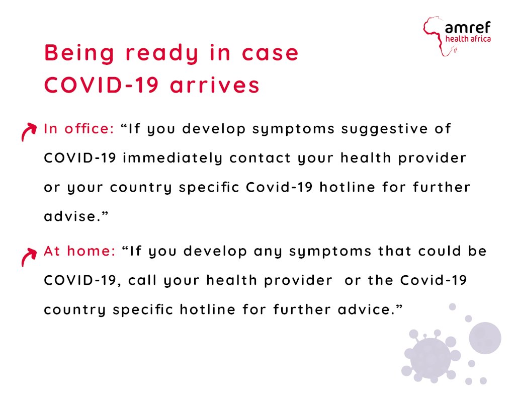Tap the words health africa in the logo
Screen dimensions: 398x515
pos(468,39)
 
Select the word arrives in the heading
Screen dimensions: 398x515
pos(215,85)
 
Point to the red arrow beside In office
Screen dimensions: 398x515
pos(28,131)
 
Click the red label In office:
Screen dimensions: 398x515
pos(79,129)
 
